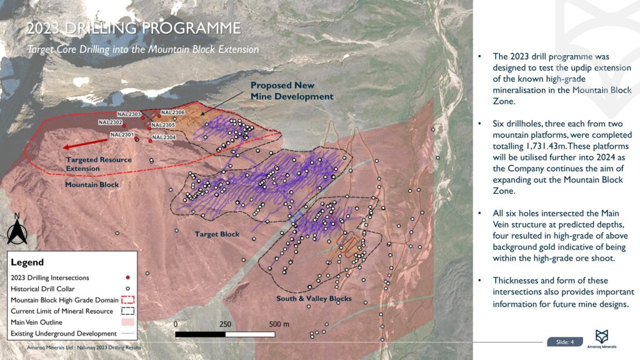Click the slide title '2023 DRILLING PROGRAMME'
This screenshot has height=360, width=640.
pyautogui.click(x=132, y=29)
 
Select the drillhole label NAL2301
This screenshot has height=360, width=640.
pyautogui.click(x=122, y=134)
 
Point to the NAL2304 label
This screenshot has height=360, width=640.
pyautogui.click(x=164, y=137)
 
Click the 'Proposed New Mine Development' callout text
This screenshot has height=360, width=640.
pyautogui.click(x=292, y=91)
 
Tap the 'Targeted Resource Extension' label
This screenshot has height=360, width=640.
pyautogui.click(x=99, y=164)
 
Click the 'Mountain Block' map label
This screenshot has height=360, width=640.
pyautogui.click(x=92, y=185)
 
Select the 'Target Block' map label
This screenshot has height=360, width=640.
pyautogui.click(x=216, y=234)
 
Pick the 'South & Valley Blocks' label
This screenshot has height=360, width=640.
pyautogui.click(x=314, y=299)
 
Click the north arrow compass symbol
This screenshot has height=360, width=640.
pyautogui.click(x=17, y=230)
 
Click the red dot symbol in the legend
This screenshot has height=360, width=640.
pyautogui.click(x=127, y=277)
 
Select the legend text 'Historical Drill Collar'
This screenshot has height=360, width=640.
pyautogui.click(x=42, y=289)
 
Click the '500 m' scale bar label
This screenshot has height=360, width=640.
pyautogui.click(x=279, y=324)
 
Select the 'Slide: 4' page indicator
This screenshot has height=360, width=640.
pyautogui.click(x=564, y=342)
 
